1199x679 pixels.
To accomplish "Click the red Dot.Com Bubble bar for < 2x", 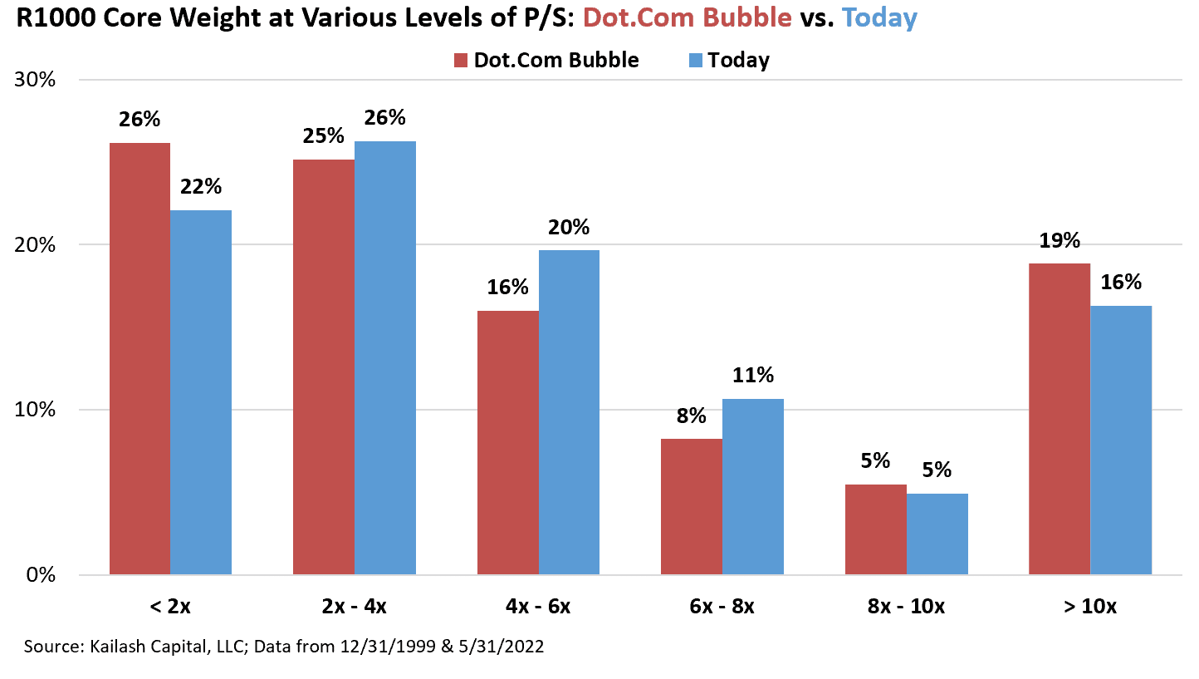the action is (139, 358).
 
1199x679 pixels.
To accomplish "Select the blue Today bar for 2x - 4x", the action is (384, 358).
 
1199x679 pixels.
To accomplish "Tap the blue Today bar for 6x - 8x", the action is (752, 487).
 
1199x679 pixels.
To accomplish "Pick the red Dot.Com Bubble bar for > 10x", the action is (1060, 419).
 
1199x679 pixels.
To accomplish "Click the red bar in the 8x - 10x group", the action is (876, 529).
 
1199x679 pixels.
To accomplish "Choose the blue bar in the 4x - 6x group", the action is (569, 412).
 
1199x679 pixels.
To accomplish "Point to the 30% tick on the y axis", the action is (35, 80).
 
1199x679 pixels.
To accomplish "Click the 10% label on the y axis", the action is (35, 410).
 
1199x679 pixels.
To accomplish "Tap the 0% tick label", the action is (41, 575).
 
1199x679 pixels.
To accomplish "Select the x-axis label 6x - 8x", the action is (722, 606).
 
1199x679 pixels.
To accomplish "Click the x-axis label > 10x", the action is (1089, 606).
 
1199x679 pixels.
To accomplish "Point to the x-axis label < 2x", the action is (170, 606).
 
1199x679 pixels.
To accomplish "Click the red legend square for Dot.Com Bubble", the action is (460, 60).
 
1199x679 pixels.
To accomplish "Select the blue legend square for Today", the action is (695, 60).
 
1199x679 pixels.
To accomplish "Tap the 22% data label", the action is (201, 186).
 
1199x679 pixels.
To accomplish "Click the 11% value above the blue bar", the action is (752, 375).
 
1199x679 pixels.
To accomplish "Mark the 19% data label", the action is (1060, 241).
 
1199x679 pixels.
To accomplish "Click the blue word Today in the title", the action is (879, 17).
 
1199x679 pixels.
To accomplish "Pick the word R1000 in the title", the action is (56, 17).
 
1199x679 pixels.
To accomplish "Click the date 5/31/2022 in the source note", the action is (501, 647).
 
